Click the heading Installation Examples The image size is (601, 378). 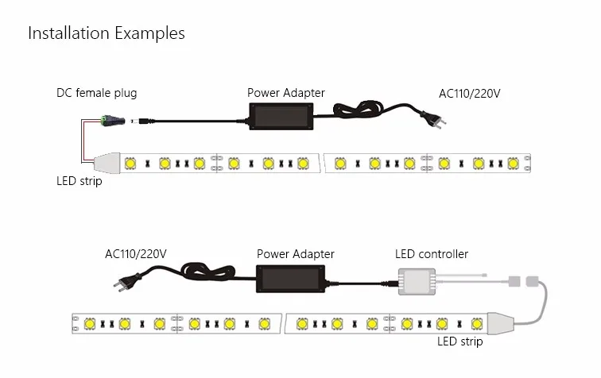107,33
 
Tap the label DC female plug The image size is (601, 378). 96,93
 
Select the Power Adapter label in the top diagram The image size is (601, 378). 286,93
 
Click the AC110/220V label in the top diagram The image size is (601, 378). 470,94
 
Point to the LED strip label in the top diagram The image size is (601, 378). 79,181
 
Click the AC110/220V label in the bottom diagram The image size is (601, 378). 136,254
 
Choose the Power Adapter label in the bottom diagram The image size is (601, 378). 296,254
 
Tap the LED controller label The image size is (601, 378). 432,254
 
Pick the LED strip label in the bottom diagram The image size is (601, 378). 460,341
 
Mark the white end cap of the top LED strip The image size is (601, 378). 106,163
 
